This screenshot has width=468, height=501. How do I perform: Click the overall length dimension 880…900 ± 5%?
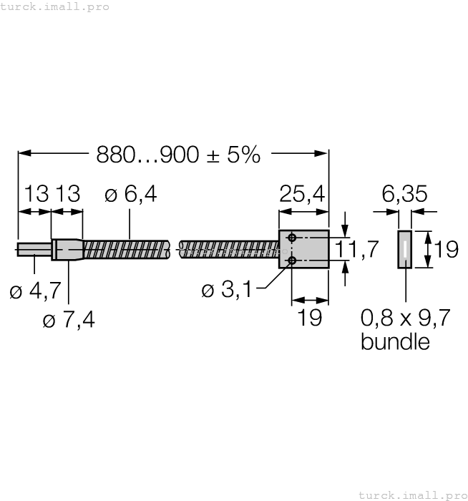(178, 154)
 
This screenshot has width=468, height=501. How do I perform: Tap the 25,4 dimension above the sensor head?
(302, 194)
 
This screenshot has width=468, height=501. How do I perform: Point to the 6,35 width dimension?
(405, 194)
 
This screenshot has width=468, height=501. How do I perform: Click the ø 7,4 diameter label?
(69, 319)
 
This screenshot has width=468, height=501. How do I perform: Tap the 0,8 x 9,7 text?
(405, 317)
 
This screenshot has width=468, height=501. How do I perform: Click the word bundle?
(395, 341)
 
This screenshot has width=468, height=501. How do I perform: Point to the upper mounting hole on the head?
(292, 238)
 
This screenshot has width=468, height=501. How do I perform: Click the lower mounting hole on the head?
(292, 261)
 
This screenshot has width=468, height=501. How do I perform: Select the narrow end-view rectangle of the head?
(405, 249)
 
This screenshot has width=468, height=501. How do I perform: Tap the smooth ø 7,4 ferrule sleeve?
(67, 250)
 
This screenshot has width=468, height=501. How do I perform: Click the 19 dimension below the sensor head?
(309, 318)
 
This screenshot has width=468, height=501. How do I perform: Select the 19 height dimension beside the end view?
(446, 249)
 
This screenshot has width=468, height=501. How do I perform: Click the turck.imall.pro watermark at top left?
(54, 6)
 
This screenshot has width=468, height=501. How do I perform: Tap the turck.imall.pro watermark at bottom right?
(412, 495)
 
